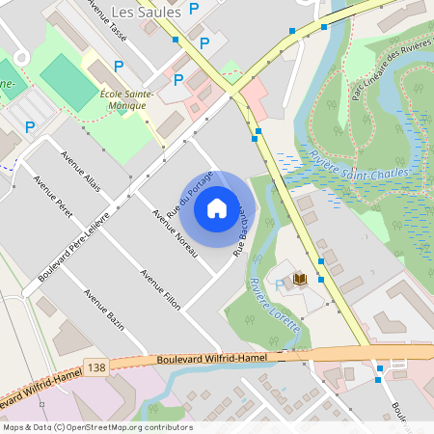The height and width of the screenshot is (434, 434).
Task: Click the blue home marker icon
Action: [217, 207]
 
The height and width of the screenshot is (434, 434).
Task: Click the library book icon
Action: [300, 279]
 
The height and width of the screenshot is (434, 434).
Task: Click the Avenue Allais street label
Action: [80, 171]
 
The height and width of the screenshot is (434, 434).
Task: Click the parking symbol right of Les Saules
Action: [194, 9]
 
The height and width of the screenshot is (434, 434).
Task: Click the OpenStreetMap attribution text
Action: [97, 427]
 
